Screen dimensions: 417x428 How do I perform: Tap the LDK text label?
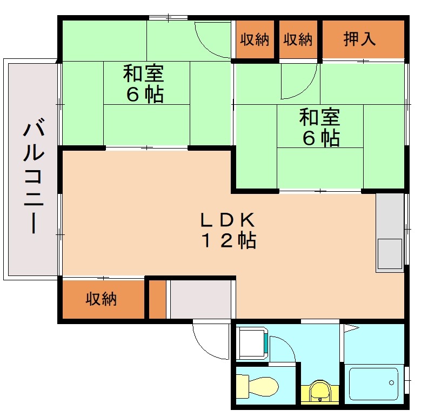(227, 220)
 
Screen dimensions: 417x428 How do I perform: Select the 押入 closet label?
(360, 39)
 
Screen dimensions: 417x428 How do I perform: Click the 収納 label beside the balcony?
(102, 299)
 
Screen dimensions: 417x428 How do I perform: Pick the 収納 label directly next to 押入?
(298, 39)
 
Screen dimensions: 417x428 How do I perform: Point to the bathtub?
(373, 385)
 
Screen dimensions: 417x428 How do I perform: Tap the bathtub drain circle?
(392, 383)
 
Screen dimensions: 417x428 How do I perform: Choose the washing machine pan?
(252, 344)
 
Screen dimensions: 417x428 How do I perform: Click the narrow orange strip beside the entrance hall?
(157, 299)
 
